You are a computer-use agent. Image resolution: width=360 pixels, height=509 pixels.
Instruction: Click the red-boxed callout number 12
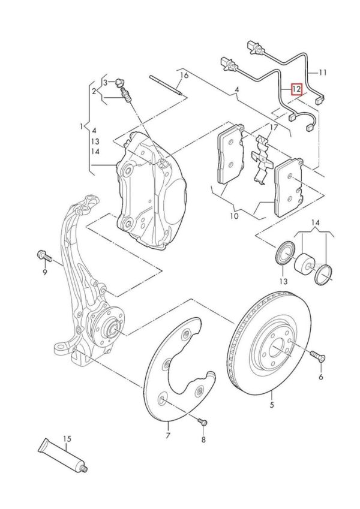296,89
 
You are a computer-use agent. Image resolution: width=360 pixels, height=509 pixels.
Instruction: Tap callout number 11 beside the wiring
323,73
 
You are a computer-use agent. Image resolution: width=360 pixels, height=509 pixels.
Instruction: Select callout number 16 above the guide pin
184,76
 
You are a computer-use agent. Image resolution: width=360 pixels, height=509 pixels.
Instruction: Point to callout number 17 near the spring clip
274,128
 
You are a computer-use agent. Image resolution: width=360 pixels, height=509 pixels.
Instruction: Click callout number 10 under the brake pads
234,215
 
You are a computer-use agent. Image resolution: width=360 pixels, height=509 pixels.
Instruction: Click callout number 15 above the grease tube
68,439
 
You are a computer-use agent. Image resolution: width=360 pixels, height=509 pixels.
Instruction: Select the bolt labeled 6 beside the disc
316,357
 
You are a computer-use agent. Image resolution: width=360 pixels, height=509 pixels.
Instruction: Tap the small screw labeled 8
202,423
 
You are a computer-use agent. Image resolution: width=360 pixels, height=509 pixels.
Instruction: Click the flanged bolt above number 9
44,255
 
